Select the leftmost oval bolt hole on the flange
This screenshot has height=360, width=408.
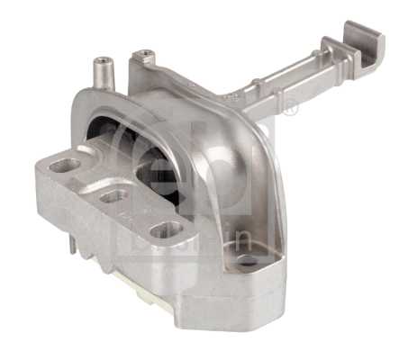point(67,166)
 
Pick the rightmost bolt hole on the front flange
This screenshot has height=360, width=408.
point(164,230)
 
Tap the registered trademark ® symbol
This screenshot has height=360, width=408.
point(290,109)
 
